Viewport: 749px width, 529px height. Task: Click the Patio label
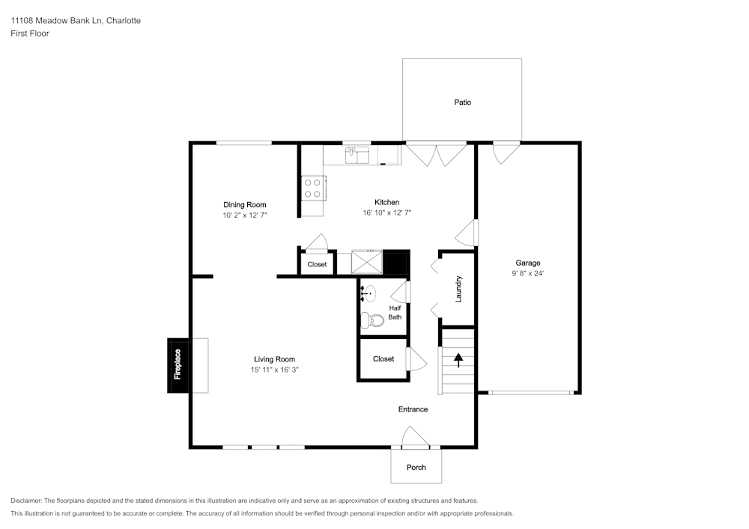[x=462, y=102]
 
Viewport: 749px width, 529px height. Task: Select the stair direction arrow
[x=458, y=360]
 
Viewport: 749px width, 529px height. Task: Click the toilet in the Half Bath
[x=372, y=320]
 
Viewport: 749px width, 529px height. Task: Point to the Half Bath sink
[x=369, y=293]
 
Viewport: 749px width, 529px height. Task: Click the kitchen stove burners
[x=312, y=188]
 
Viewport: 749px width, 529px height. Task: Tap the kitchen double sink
[x=357, y=155]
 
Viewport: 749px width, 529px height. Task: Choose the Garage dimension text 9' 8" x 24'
[x=528, y=273]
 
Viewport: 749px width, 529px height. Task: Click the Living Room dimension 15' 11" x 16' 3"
[x=275, y=370]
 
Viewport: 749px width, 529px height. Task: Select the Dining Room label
[x=245, y=204]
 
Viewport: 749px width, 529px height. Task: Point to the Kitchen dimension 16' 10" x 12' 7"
[x=387, y=212]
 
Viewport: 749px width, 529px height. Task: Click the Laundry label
[x=458, y=289]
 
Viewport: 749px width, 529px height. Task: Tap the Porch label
[x=416, y=468]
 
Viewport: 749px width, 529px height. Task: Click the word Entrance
[x=413, y=409]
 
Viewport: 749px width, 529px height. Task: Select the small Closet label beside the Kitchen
[x=317, y=264]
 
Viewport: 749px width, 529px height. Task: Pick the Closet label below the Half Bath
[x=383, y=358]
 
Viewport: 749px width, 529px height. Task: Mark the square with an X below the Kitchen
[x=367, y=262]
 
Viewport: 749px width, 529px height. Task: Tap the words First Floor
[x=30, y=34]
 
